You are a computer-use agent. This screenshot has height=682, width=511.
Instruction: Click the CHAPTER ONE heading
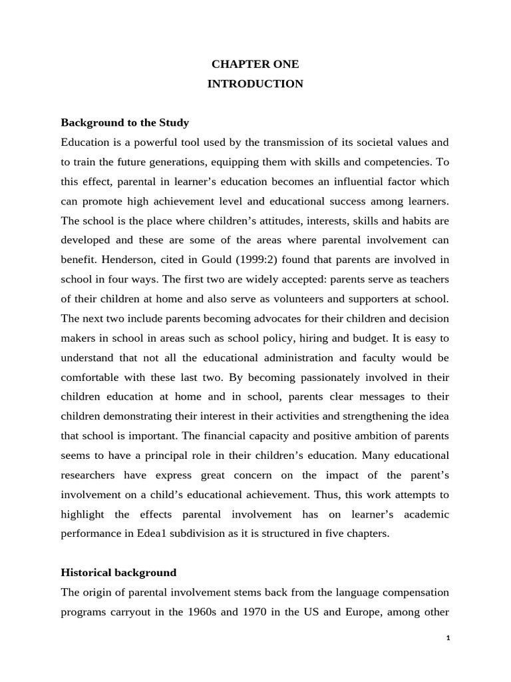click(255, 65)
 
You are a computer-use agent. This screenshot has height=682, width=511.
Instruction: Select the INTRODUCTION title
click(255, 84)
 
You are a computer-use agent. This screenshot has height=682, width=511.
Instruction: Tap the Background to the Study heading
click(125, 123)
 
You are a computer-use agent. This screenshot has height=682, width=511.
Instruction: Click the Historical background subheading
click(118, 572)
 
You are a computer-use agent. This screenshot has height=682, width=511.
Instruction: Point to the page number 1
click(448, 637)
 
